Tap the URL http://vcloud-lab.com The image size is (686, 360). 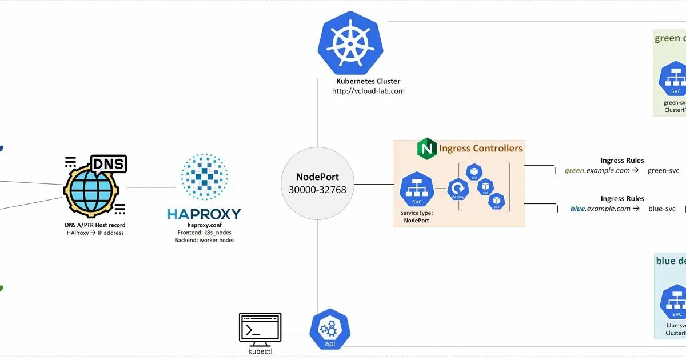(368, 91)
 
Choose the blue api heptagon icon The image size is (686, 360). (329, 331)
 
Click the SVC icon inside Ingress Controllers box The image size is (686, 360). (417, 190)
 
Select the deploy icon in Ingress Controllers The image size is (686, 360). (458, 190)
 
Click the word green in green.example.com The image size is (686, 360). (575, 170)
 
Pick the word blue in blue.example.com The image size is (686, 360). (578, 209)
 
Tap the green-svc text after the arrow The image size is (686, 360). (663, 170)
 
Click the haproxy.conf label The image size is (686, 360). (204, 225)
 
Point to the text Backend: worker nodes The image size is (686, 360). (204, 240)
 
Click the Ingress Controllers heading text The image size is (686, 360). (480, 149)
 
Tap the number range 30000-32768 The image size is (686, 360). (317, 190)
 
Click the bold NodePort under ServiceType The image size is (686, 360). (417, 220)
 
